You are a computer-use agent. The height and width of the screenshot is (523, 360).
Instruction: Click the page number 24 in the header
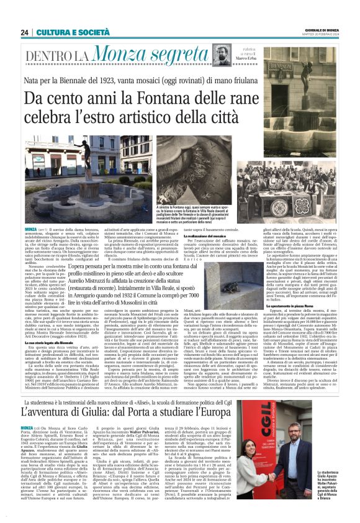(x=25, y=32)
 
